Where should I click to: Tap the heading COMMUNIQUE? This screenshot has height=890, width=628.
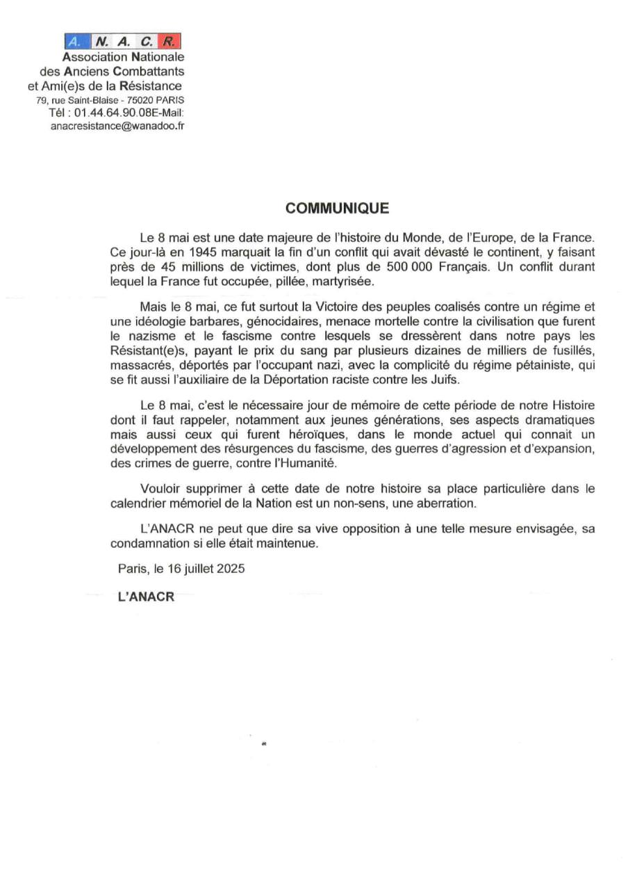click(x=338, y=209)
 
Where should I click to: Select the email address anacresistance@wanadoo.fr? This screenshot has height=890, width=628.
click(x=117, y=127)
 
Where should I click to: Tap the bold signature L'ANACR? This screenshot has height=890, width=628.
click(x=146, y=597)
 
